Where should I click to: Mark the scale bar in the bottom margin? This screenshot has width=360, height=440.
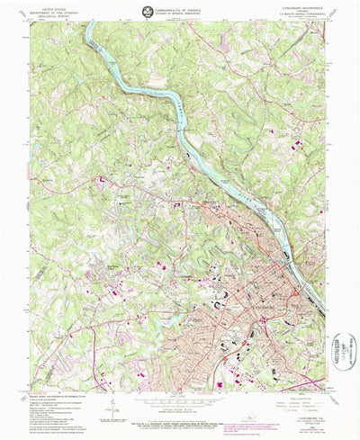coord(180,397)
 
